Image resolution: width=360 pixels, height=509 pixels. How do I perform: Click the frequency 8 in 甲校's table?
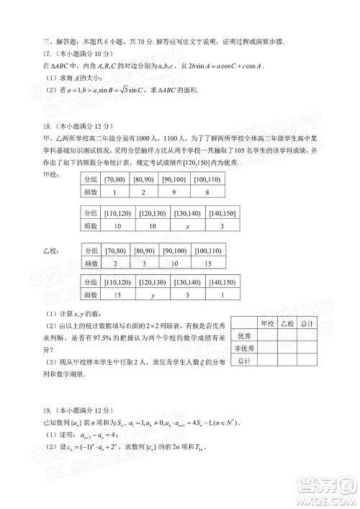(x=208, y=192)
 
